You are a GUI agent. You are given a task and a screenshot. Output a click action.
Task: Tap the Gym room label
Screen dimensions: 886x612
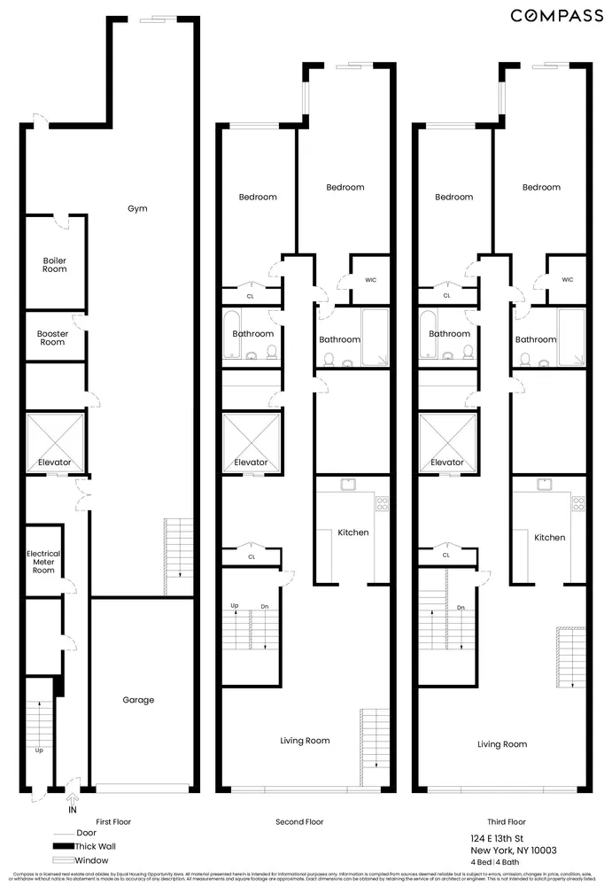[136, 209]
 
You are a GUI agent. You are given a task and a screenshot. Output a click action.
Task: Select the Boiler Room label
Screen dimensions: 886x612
[55, 265]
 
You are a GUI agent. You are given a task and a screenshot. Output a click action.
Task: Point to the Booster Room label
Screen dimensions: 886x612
[53, 338]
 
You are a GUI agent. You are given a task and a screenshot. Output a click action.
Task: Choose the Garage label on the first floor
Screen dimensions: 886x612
[138, 700]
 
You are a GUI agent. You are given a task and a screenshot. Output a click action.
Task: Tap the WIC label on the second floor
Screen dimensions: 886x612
[370, 280]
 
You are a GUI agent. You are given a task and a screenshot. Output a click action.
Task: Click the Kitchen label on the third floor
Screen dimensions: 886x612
[549, 538]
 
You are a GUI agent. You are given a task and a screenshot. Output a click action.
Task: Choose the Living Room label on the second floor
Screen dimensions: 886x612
[305, 741]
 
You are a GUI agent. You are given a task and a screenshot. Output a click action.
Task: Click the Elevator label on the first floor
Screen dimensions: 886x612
[55, 462]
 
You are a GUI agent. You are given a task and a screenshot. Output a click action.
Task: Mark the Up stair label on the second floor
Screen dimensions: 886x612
[235, 606]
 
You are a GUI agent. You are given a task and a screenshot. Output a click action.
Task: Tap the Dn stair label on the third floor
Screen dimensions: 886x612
[461, 608]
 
